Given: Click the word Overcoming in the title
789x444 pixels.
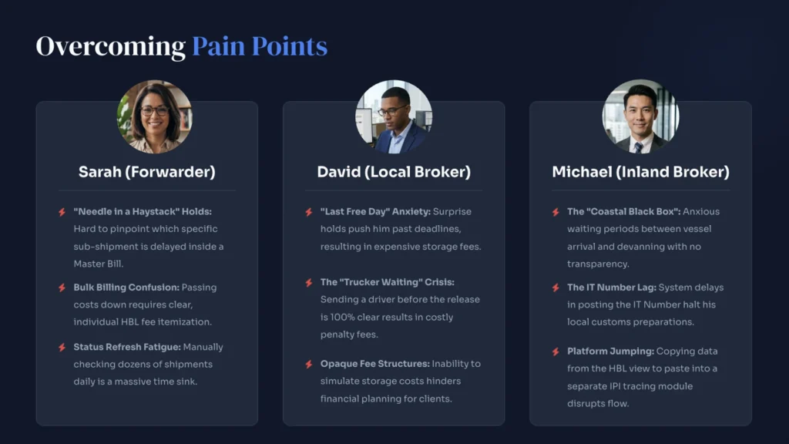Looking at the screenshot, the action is click(111, 47).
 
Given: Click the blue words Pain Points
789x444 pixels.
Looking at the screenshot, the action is click(260, 46).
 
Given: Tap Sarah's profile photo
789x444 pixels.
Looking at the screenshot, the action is click(154, 117).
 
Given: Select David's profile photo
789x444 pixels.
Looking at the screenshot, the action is click(394, 117).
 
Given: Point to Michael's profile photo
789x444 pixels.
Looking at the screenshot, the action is click(640, 117).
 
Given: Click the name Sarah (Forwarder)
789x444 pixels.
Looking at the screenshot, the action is click(147, 172).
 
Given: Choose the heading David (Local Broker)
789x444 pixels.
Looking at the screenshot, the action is click(394, 172).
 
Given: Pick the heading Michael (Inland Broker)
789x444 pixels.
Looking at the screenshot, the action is click(640, 172).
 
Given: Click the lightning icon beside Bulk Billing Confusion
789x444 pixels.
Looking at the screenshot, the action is click(62, 288).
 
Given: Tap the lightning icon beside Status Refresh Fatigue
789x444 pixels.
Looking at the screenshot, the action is click(62, 348).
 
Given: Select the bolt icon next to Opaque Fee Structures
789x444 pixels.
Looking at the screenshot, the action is click(309, 364).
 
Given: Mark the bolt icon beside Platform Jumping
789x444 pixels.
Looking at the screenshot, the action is click(556, 351).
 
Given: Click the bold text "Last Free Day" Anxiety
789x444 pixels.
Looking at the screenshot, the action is click(375, 212).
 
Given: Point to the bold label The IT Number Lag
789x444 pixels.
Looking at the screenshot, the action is click(612, 288).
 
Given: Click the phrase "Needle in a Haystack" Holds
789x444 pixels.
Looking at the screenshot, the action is click(143, 212).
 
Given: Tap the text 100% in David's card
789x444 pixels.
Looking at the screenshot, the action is click(342, 317).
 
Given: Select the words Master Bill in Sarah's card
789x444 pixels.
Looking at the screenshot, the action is click(98, 264).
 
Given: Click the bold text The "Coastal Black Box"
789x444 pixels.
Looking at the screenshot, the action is click(624, 212).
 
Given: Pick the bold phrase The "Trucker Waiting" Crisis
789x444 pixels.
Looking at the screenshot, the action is click(388, 282).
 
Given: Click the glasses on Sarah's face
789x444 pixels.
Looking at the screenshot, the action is click(154, 111).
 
